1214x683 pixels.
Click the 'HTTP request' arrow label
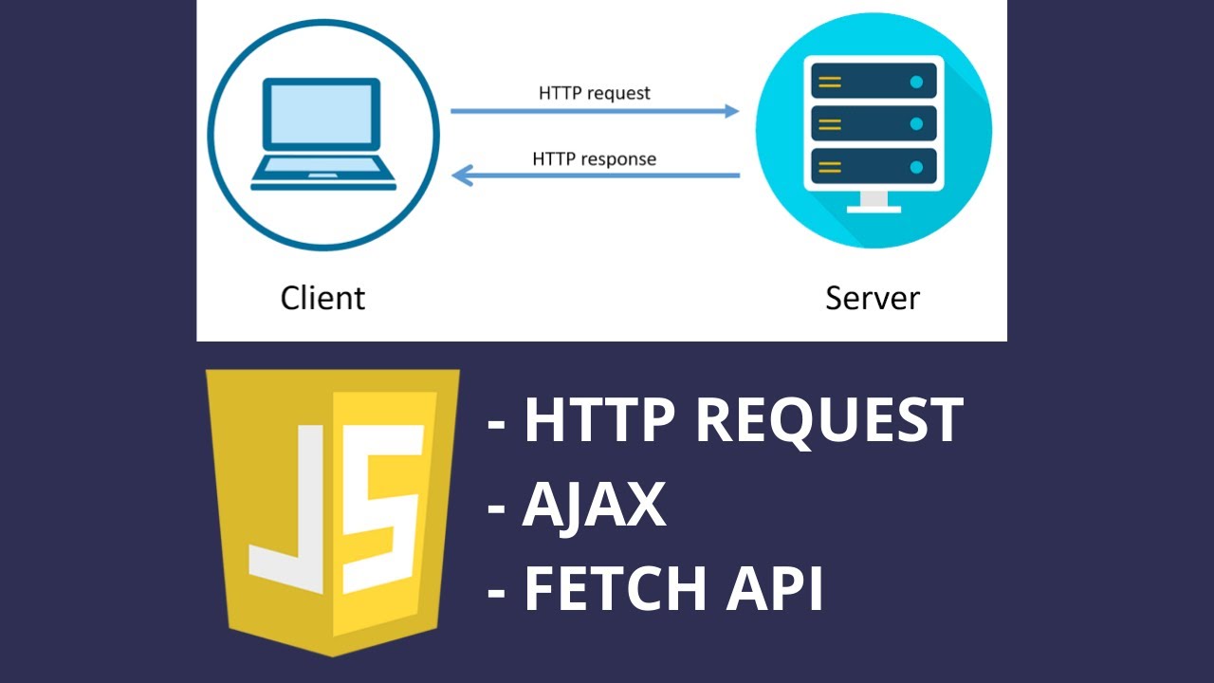595,93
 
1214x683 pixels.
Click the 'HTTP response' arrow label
595,158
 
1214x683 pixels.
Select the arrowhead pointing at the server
731,111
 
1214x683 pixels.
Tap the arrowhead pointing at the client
461,175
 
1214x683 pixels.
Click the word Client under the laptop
322,298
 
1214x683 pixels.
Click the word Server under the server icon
873,298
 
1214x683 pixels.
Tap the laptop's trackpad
322,175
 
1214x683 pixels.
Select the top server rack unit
873,82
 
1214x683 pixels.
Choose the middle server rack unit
873,124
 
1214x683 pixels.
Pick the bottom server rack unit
873,167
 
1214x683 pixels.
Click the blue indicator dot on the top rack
916,82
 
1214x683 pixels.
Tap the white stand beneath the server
874,202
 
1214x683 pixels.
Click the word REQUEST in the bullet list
830,420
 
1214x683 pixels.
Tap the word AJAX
594,505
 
